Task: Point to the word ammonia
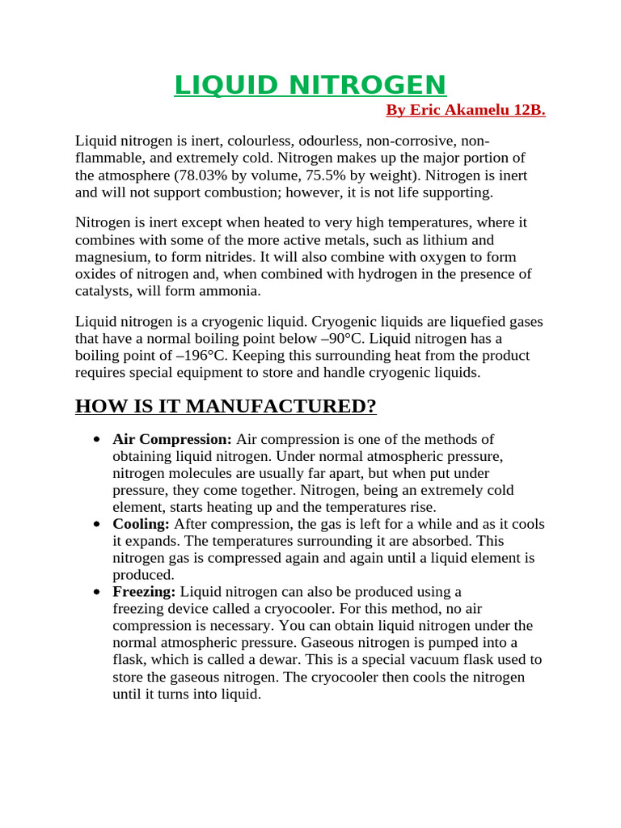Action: tap(234, 291)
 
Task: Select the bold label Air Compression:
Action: tap(172, 439)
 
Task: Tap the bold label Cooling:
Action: tap(141, 524)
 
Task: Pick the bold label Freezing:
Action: tap(144, 592)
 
